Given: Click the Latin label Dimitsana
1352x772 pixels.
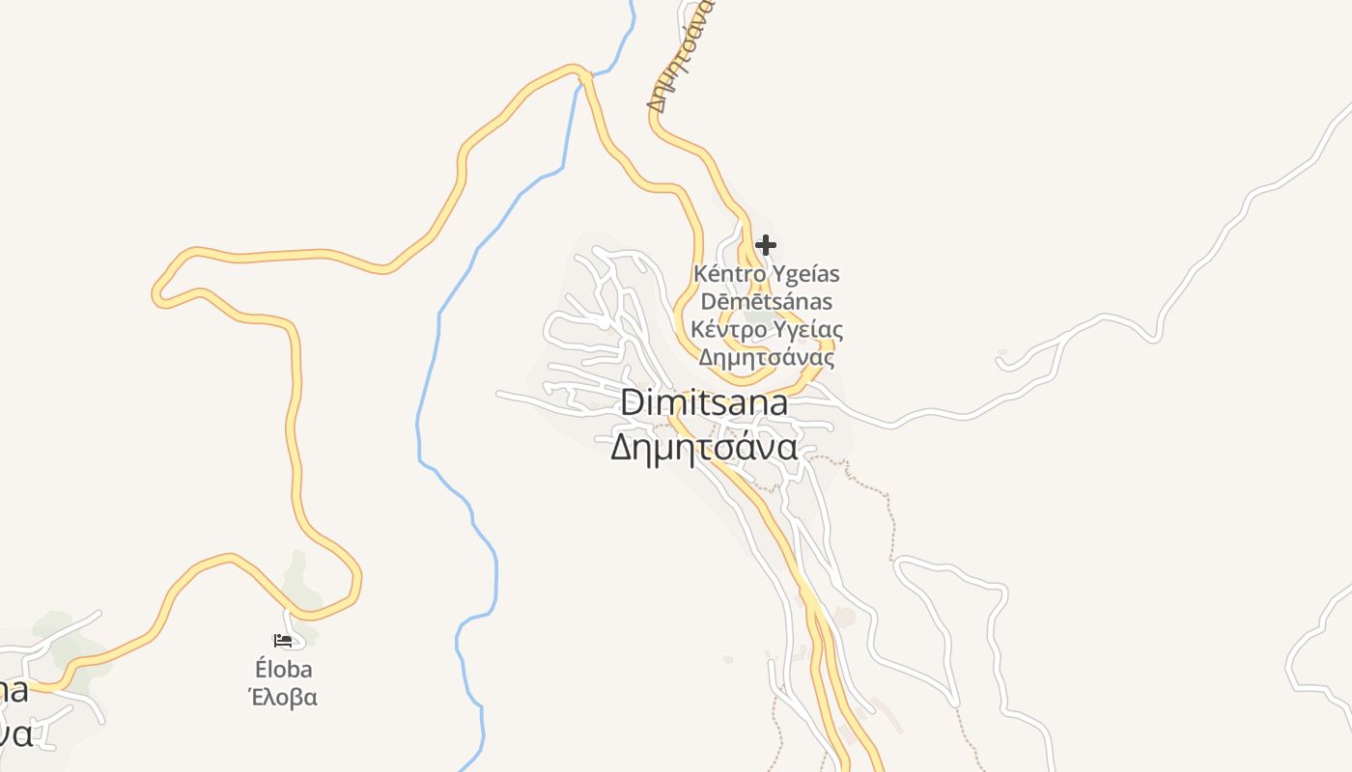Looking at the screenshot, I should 703,402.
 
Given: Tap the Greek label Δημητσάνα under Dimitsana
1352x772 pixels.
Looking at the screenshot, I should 703,448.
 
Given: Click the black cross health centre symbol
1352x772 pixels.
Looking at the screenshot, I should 766,245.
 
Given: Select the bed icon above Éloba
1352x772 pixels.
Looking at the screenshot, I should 282,640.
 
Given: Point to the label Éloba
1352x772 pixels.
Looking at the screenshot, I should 284,669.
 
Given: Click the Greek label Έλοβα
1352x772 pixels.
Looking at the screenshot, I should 284,697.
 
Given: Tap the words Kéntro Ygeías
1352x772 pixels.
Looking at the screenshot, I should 767,273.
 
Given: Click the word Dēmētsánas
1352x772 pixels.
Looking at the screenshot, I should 767,301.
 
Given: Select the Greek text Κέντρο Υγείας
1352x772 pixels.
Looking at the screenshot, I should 767,329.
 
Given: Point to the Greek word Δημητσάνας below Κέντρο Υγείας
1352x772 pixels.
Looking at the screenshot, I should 767,358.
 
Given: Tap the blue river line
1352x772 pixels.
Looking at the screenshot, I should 439,318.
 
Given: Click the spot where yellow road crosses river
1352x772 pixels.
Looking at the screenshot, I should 581,73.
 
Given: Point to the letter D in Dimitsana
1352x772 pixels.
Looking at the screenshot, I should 631,402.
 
